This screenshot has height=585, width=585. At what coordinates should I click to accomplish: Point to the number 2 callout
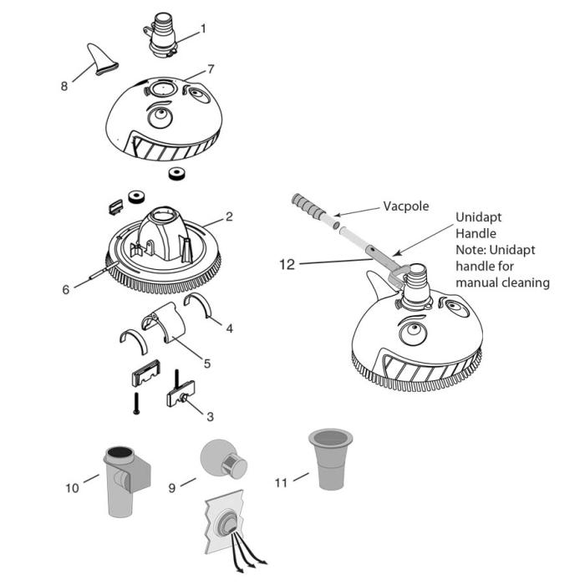pos(228,216)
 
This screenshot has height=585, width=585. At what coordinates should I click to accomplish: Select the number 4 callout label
pos(230,328)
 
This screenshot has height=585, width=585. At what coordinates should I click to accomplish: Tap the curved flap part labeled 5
pos(171,328)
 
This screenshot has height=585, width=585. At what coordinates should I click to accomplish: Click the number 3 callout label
pos(209,415)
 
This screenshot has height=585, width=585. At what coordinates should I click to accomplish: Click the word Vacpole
pos(407,204)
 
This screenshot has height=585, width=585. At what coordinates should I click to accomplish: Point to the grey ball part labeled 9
pos(219,458)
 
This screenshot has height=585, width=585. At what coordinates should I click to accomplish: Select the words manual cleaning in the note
pos(502,282)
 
